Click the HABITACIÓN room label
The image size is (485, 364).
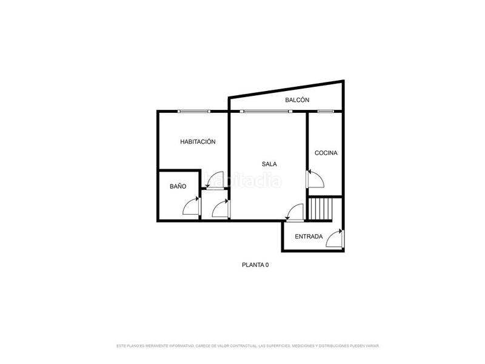coord(198,141)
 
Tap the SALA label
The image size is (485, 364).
coord(270,164)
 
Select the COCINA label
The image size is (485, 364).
coord(326,153)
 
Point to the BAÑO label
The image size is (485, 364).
coord(178,187)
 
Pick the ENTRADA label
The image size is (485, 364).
coord(309,237)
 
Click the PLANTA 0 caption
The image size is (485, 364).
coord(255,265)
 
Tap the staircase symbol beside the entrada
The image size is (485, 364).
coord(321,209)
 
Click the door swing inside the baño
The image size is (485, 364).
coord(192,207)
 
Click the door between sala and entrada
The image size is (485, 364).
coord(295,213)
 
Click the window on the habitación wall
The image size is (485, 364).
coord(194,111)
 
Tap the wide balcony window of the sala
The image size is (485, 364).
coord(264,111)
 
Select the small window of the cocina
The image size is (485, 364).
coord(326,111)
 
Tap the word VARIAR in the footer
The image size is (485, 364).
coord(372,346)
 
